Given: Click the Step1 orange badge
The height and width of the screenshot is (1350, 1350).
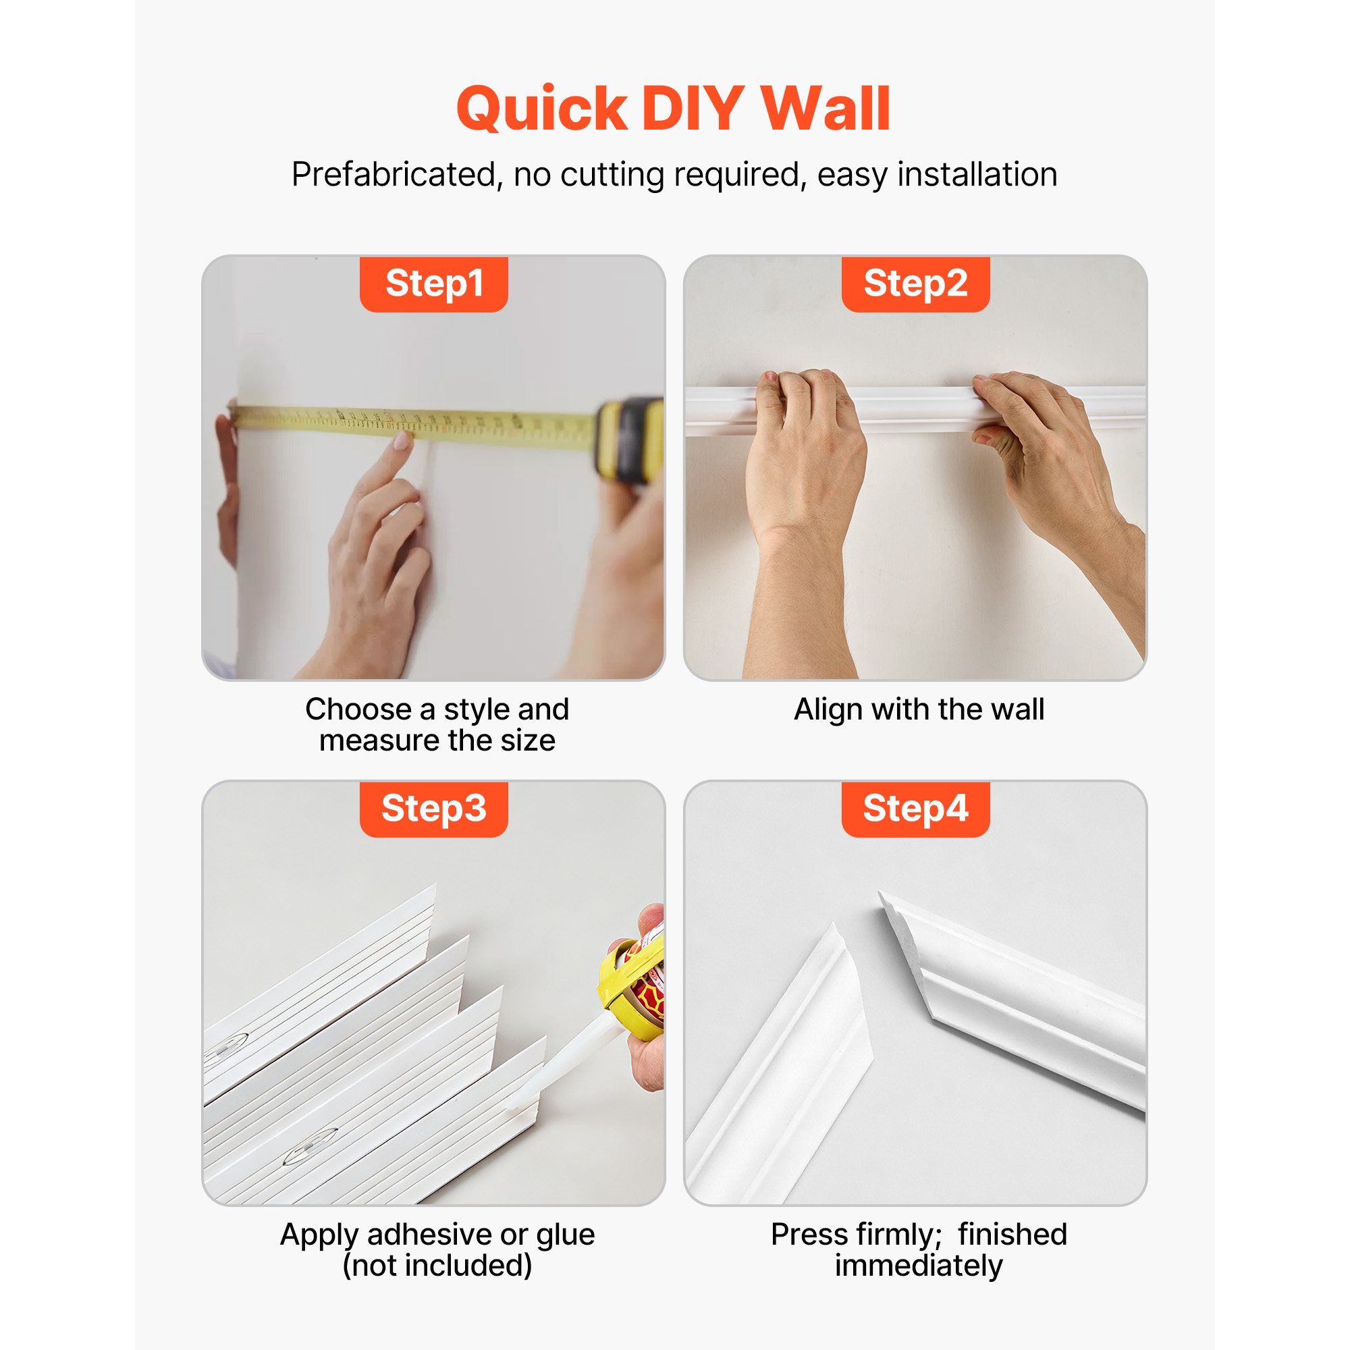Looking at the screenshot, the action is (433, 283).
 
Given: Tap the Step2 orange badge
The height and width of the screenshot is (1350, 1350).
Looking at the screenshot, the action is (915, 283).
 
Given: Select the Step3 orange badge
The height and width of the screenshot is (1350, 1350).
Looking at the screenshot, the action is (433, 809).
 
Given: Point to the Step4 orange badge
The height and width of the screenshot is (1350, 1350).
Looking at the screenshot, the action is (915, 809).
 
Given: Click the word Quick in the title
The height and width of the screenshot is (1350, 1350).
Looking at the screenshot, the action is (541, 109).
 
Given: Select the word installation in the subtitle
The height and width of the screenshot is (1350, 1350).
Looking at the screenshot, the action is (977, 174).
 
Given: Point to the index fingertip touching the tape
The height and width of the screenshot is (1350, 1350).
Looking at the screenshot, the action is (403, 440).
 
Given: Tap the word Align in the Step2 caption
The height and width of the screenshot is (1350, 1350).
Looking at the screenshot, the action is (829, 711).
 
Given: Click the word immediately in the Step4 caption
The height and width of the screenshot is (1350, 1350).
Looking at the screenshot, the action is (919, 1266).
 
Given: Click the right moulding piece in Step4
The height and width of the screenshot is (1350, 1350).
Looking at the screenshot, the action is (1013, 999).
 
